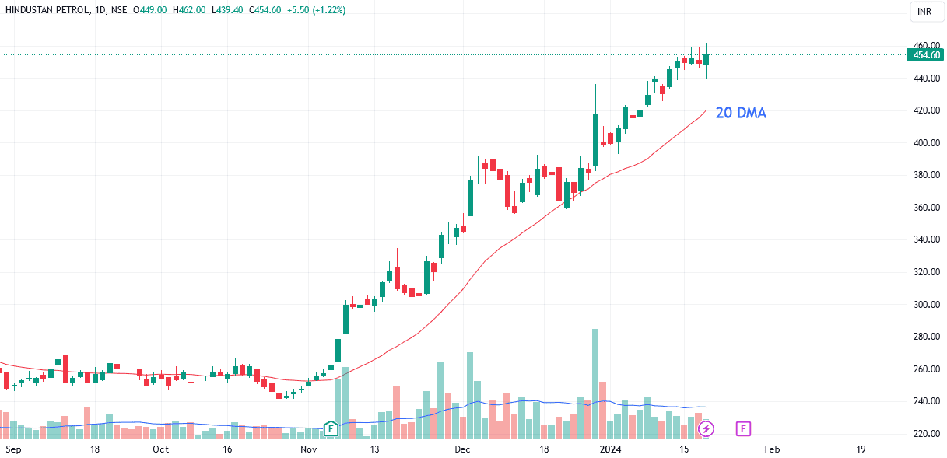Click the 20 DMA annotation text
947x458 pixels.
741,114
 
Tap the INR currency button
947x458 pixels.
924,11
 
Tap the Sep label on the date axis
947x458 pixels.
13,449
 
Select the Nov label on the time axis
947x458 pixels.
310,449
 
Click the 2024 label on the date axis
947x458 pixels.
610,449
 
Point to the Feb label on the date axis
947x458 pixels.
772,449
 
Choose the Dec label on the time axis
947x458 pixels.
463,449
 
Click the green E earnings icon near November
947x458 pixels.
331,428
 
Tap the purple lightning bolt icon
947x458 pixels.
706,428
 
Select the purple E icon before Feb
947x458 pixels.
743,428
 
